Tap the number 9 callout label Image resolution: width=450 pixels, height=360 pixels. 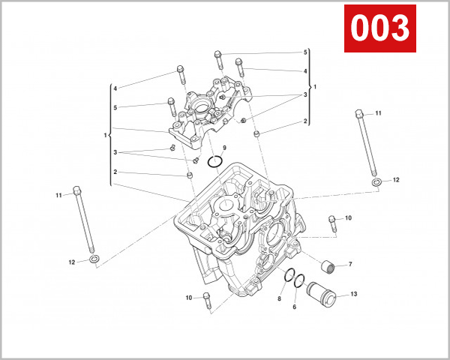pos(223,147)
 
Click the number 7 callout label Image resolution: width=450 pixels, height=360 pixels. pos(349,265)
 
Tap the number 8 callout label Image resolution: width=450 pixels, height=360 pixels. pos(279,298)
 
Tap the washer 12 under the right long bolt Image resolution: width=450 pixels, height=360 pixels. pos(375,182)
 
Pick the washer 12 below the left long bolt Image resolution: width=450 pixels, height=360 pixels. pos(93,259)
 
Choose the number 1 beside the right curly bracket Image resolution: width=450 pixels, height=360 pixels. pos(315,87)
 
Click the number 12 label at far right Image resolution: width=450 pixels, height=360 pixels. pos(397,180)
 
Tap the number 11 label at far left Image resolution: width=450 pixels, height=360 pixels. pos(58,195)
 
